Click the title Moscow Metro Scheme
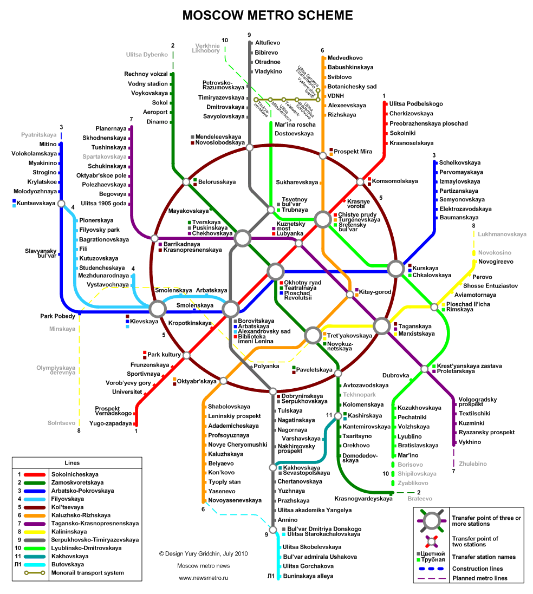(267, 15)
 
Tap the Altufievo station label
(268, 43)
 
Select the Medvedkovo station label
(345, 58)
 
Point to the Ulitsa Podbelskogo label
(416, 104)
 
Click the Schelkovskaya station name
(459, 162)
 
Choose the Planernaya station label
(110, 128)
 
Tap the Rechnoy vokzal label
(146, 74)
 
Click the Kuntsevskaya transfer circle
(61, 204)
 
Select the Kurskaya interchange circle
(396, 269)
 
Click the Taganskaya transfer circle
(382, 326)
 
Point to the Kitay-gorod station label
(375, 292)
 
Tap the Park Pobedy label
(57, 316)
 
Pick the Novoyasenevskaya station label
(235, 500)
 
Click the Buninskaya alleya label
(308, 576)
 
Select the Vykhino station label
(470, 442)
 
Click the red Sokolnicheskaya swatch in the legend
(35, 475)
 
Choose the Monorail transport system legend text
(88, 573)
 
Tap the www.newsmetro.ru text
(204, 578)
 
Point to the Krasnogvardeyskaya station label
(363, 499)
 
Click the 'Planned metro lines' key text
(480, 578)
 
